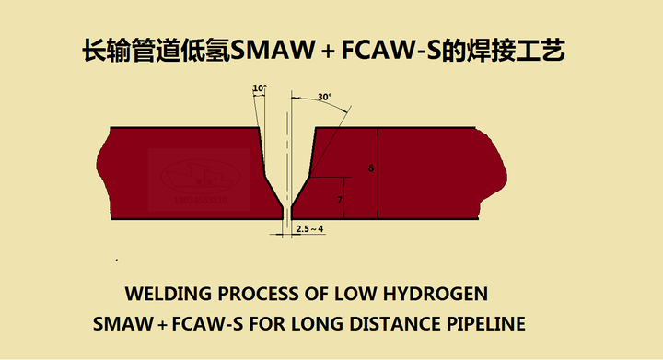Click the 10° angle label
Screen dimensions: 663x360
(259, 89)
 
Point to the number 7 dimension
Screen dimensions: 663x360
(340, 199)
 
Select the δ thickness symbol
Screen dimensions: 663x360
(369, 169)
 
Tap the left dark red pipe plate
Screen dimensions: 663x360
(175, 175)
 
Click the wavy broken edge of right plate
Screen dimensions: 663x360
(499, 175)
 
